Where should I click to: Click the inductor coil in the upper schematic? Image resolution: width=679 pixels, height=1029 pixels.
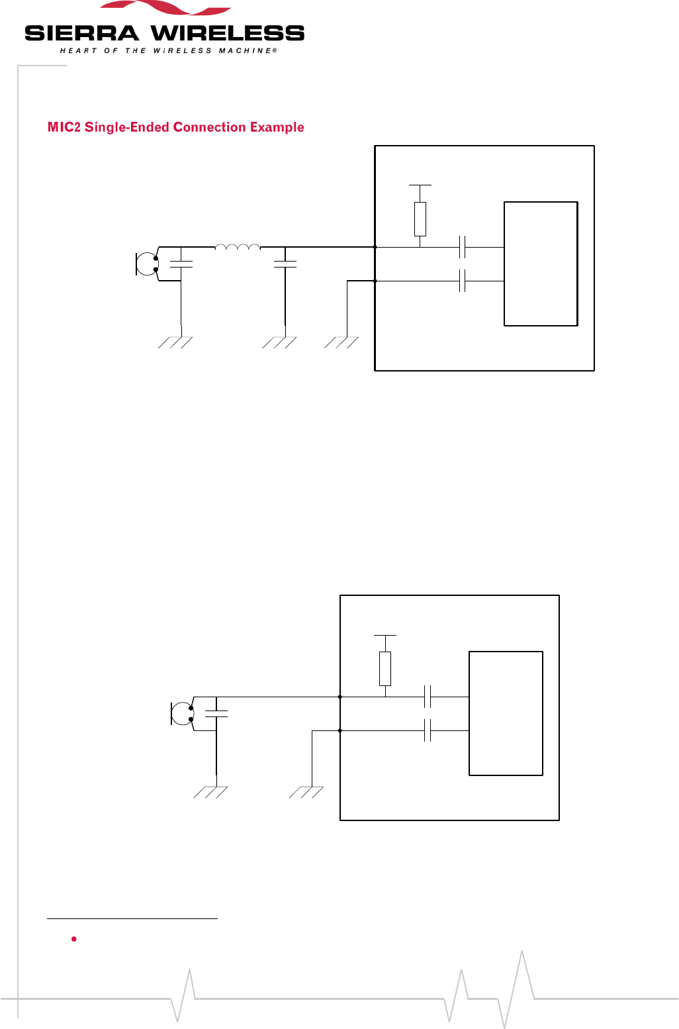coord(238,248)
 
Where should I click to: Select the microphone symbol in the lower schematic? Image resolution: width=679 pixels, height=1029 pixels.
coord(182,713)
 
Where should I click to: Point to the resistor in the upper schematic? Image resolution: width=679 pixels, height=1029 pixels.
coord(420,219)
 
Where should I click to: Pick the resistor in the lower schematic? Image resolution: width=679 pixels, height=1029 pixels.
coord(385,669)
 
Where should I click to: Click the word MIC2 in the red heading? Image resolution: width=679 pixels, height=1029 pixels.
coord(64,127)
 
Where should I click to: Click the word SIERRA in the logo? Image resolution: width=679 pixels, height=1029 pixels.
coord(81,34)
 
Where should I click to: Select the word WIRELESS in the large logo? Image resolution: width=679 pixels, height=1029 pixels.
coord(228,34)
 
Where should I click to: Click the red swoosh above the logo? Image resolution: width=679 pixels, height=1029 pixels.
coord(165,9)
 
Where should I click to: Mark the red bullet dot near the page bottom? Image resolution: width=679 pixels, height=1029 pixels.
coord(74,939)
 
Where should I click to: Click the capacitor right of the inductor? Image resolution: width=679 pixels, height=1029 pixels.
coord(285,264)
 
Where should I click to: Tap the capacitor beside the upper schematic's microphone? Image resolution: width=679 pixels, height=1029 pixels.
coord(181,264)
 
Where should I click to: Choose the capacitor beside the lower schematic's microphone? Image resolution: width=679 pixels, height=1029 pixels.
coord(216,714)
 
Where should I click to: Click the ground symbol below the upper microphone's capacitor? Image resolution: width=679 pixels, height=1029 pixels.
coord(176,342)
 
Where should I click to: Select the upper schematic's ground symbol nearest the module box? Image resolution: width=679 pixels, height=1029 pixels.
coord(341,342)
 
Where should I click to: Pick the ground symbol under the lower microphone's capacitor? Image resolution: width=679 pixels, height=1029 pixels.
coord(211,791)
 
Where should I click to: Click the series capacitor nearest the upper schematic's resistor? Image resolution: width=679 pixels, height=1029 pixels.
coord(463,247)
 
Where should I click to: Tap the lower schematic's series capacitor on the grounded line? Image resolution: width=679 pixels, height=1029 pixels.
coord(428,730)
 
